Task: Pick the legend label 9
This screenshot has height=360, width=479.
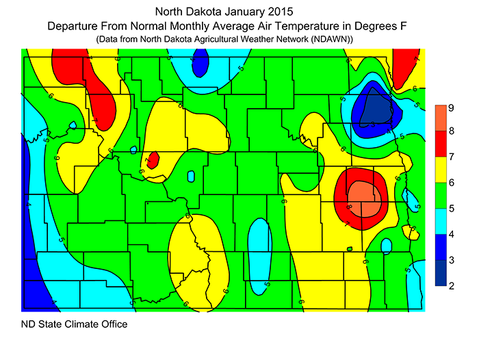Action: tap(452, 107)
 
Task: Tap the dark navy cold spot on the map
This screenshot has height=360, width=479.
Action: tap(374, 106)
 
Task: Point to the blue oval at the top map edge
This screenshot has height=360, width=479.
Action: tap(199, 65)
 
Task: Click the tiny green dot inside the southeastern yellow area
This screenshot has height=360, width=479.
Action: tap(350, 248)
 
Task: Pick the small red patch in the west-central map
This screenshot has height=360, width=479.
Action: tap(153, 159)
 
